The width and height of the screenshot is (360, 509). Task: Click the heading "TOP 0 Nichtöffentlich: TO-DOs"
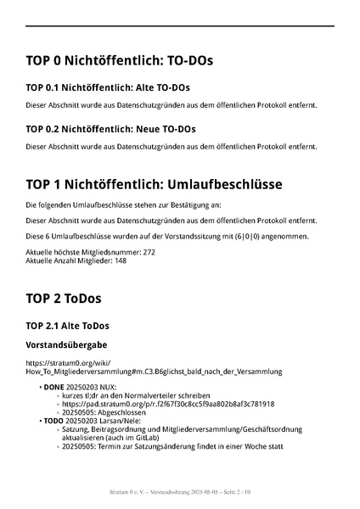(x=119, y=62)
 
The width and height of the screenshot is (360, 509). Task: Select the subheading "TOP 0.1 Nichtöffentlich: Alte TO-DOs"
(x=108, y=87)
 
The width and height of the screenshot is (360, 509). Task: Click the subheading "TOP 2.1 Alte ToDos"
(x=67, y=326)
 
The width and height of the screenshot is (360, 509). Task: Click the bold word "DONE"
(x=53, y=387)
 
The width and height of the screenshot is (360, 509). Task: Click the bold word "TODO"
(x=53, y=421)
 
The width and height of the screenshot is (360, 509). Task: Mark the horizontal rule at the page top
(x=180, y=27)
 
